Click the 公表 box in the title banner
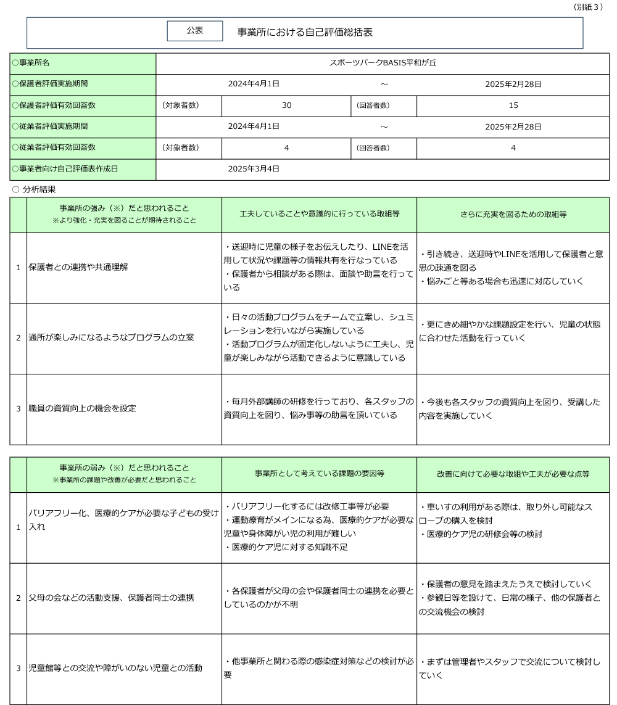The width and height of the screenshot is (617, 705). pyautogui.click(x=194, y=31)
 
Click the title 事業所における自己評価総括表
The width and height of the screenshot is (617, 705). pyautogui.click(x=305, y=31)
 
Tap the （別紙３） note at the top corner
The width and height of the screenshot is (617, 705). pyautogui.click(x=588, y=7)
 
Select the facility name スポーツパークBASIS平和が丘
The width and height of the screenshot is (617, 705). pyautogui.click(x=383, y=63)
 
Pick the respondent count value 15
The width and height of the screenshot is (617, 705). pyautogui.click(x=513, y=105)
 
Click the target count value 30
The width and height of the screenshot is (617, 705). pyautogui.click(x=286, y=105)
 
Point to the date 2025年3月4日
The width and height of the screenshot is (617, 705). pyautogui.click(x=254, y=168)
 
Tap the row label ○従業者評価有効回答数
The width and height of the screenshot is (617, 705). pyautogui.click(x=54, y=147)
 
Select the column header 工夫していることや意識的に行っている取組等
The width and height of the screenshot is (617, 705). pyautogui.click(x=319, y=214)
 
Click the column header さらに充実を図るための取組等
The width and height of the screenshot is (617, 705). pyautogui.click(x=513, y=214)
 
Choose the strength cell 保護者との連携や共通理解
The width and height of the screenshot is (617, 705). pyautogui.click(x=78, y=267)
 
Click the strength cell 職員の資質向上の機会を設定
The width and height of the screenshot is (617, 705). pyautogui.click(x=82, y=408)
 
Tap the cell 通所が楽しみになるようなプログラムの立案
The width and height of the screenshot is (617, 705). pyautogui.click(x=111, y=337)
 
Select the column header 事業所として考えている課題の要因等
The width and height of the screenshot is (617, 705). pyautogui.click(x=319, y=474)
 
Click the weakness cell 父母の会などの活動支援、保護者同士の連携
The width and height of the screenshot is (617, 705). pyautogui.click(x=111, y=598)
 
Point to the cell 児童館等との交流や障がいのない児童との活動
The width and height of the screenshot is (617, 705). pyautogui.click(x=115, y=668)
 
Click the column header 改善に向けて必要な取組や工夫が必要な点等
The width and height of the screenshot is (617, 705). pyautogui.click(x=513, y=474)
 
